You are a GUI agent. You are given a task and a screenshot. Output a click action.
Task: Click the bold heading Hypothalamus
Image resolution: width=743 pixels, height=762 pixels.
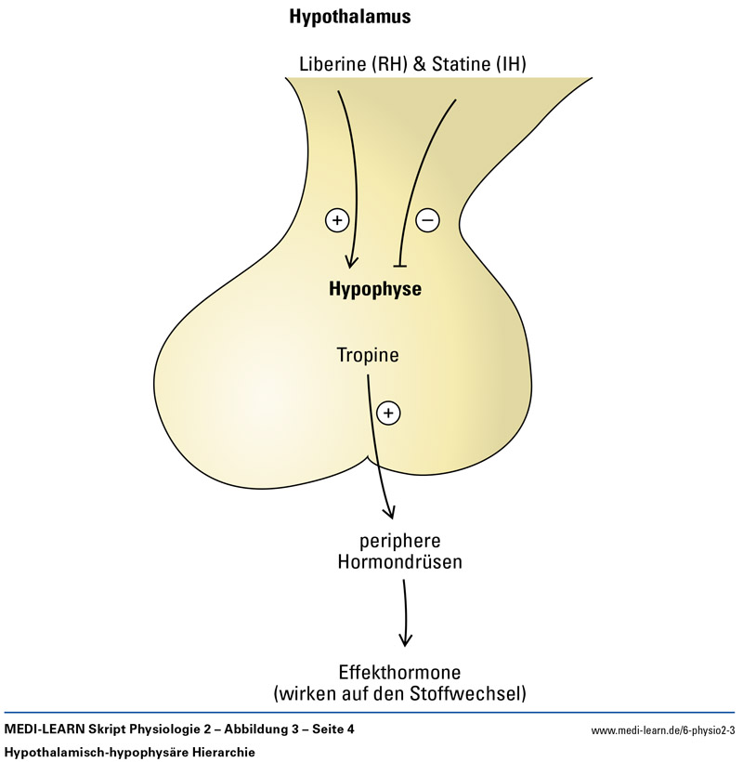pos(350,18)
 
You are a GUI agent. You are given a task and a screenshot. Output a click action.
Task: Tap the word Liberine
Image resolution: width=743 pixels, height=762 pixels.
pos(332,64)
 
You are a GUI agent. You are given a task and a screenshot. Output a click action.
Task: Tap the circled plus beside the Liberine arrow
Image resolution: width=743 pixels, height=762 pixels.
pos(336,220)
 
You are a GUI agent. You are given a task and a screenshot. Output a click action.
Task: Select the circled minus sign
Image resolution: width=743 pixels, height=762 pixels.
pos(426,220)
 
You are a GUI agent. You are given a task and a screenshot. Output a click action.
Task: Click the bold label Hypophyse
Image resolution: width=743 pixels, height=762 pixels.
pos(375,289)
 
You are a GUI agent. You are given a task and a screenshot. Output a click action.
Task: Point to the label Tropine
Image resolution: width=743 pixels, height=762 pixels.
pos(369,355)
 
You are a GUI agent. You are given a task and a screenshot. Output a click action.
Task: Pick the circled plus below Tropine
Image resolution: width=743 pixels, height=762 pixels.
pos(388,411)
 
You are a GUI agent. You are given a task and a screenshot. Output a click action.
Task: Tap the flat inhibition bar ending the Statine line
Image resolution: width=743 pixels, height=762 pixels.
pos(401,266)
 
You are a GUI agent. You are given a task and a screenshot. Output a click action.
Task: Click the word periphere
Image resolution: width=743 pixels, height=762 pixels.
pos(399,542)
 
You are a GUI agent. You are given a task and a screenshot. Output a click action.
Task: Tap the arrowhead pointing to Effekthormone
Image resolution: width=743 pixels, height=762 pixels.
pos(405,639)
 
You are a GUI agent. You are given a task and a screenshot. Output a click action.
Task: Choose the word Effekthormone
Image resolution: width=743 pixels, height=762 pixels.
pos(401,672)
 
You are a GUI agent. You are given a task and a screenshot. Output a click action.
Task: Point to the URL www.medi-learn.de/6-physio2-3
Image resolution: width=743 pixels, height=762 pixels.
pos(662,730)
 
